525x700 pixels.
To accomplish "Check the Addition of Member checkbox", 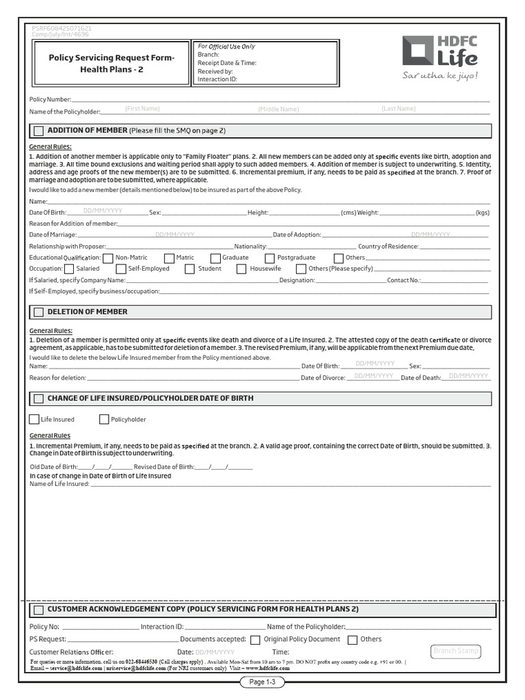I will coord(38,131).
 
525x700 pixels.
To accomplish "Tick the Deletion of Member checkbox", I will coord(38,312).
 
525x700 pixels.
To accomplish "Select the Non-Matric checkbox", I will coord(107,258).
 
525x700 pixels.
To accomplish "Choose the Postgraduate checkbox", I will coord(270,258).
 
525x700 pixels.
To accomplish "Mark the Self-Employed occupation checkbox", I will coord(120,269).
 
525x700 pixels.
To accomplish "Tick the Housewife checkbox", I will coord(241,269).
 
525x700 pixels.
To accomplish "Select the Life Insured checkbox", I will coord(34,419).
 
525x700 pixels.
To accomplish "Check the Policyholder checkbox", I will coord(104,419).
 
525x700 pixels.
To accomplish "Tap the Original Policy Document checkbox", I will coord(255,640).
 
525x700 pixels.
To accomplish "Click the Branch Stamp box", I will coord(456,651).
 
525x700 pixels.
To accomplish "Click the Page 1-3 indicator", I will coord(262,682).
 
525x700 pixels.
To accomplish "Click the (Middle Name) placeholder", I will coord(278,109).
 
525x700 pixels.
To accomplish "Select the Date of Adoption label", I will coord(297,234).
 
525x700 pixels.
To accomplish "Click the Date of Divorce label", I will coord(323,377).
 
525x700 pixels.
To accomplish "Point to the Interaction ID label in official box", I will coord(217,79).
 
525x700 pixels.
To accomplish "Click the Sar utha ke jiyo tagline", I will coord(440,75).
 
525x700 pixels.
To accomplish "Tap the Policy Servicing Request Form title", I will coord(111,64).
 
